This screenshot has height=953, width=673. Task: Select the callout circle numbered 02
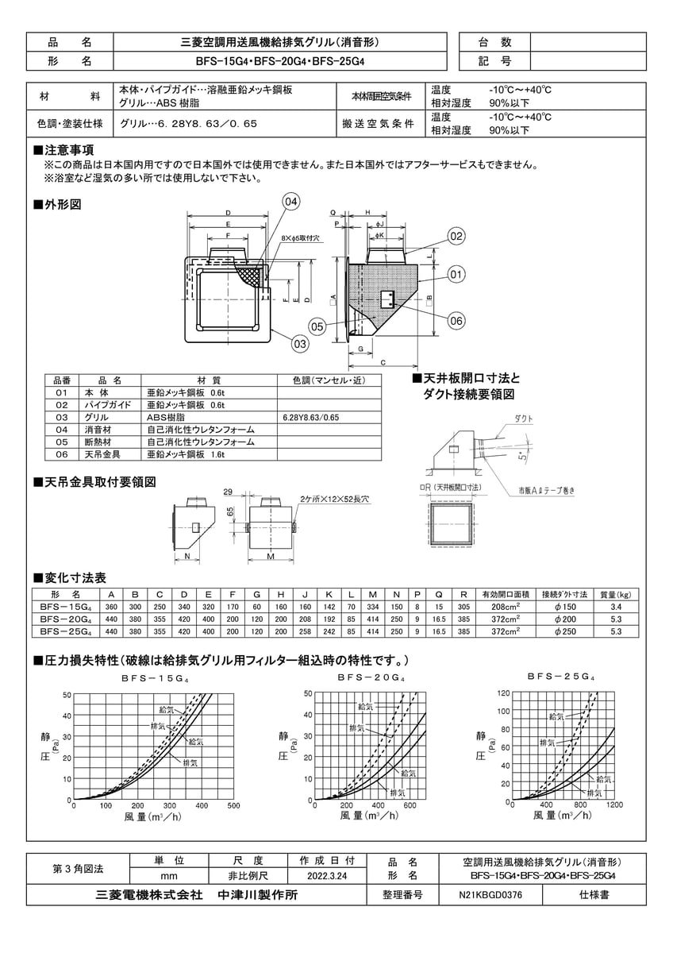[x=456, y=235]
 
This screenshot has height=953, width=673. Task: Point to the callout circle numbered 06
[x=456, y=320]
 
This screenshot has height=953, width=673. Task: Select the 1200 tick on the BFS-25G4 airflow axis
[x=614, y=804]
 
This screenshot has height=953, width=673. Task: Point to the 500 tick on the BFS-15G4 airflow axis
[x=233, y=805]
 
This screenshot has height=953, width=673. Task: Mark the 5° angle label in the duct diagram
[x=520, y=457]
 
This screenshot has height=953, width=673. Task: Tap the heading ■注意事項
[x=63, y=150]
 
